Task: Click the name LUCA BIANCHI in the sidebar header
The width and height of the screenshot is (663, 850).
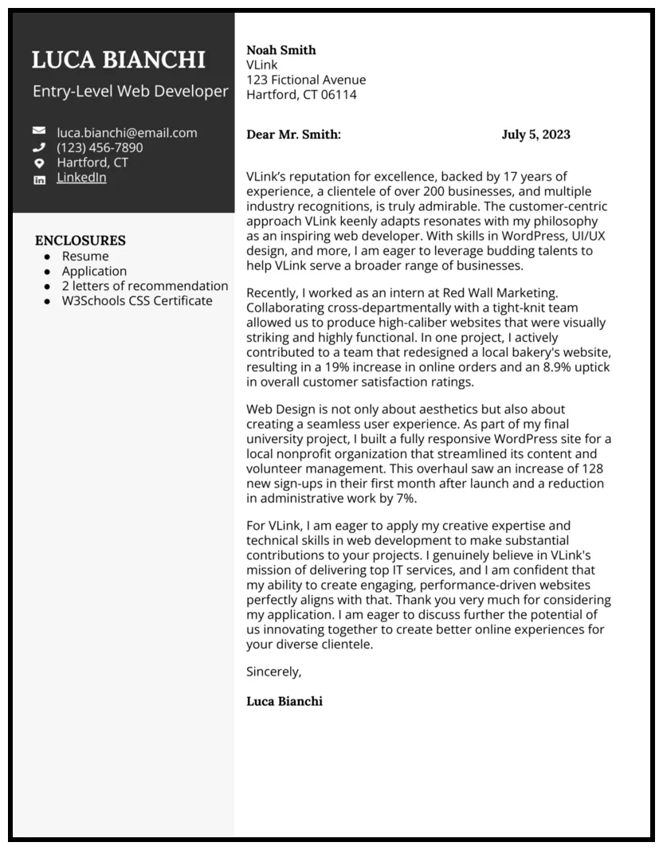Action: point(119,60)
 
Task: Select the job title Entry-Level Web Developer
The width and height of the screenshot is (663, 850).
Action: point(130,92)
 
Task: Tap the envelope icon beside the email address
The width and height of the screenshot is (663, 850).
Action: point(39,131)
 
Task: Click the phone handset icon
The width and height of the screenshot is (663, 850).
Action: point(39,147)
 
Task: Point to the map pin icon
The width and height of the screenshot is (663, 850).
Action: point(39,163)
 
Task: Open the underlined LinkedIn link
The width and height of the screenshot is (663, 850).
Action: point(81,178)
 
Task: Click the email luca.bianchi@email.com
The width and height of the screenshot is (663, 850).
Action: point(127,133)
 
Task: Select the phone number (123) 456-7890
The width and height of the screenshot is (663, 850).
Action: point(100,147)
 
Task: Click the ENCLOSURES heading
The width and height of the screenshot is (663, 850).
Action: point(80,241)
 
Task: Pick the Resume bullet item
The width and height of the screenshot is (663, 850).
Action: point(85,256)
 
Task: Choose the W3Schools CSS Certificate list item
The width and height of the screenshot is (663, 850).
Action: point(137,301)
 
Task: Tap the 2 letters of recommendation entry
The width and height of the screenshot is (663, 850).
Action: point(145,286)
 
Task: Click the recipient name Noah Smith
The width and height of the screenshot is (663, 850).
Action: point(281,50)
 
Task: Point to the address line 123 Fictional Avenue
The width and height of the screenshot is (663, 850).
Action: point(306,80)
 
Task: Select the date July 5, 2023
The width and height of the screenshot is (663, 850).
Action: point(535,135)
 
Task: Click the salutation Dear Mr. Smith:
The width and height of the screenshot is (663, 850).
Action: point(293,135)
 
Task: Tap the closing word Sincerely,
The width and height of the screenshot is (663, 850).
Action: point(273,672)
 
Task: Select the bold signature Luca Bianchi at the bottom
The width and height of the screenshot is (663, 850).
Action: point(284,702)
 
